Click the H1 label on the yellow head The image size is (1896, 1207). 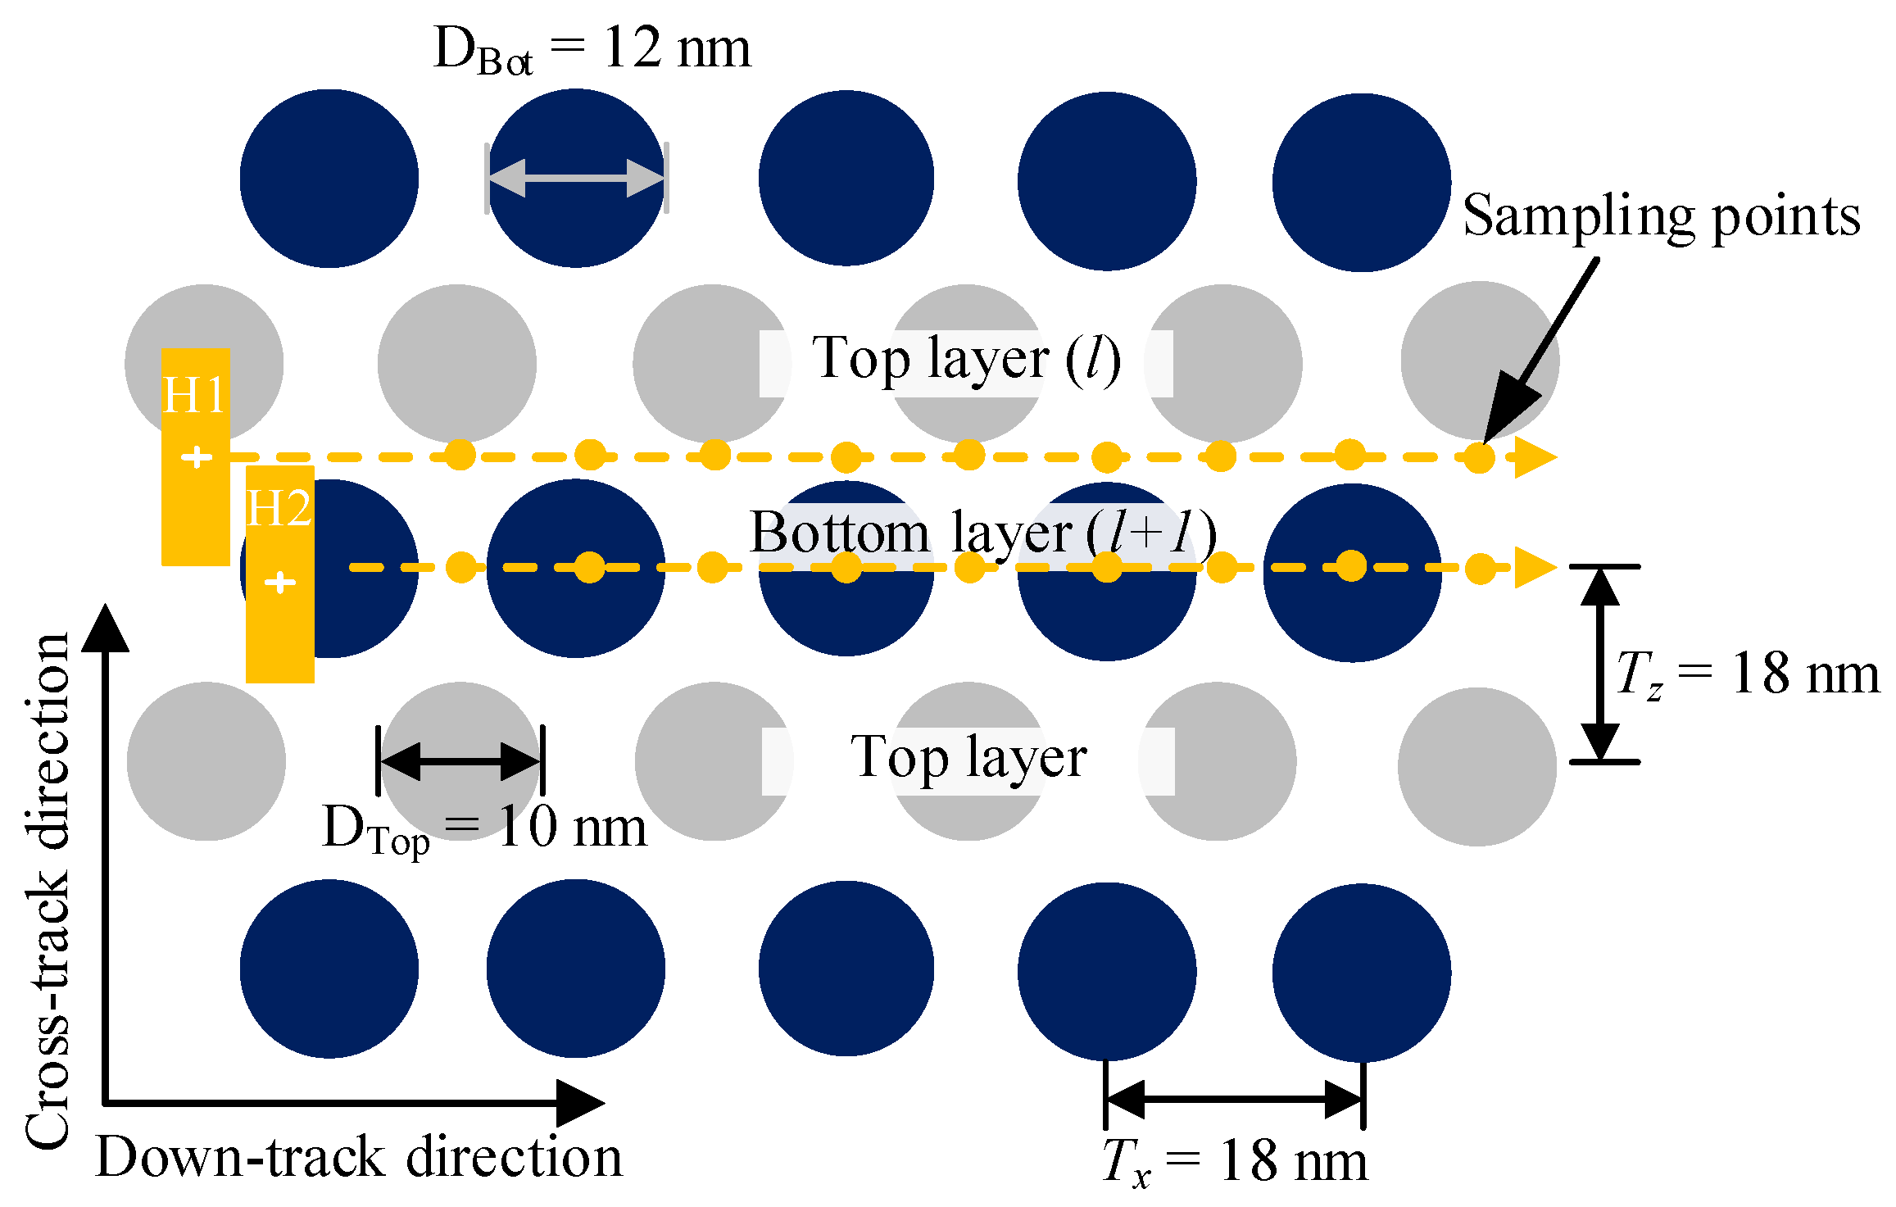(x=194, y=396)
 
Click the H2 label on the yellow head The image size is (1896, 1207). (x=279, y=509)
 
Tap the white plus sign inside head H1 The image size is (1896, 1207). (x=197, y=456)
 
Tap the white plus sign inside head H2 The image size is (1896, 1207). (x=280, y=582)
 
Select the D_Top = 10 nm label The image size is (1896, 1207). (x=485, y=829)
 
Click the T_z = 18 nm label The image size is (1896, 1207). (x=1747, y=675)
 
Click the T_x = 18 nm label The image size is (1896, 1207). (x=1235, y=1162)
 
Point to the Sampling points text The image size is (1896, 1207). (x=1662, y=217)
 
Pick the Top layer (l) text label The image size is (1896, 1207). (x=967, y=361)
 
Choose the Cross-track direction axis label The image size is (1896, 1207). (x=48, y=890)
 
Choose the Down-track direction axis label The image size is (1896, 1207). (x=359, y=1157)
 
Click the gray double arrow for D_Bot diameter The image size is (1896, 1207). (x=577, y=178)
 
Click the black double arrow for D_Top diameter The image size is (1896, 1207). (x=460, y=761)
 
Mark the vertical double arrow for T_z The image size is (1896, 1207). (x=1600, y=664)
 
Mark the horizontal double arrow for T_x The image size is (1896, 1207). (x=1234, y=1099)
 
